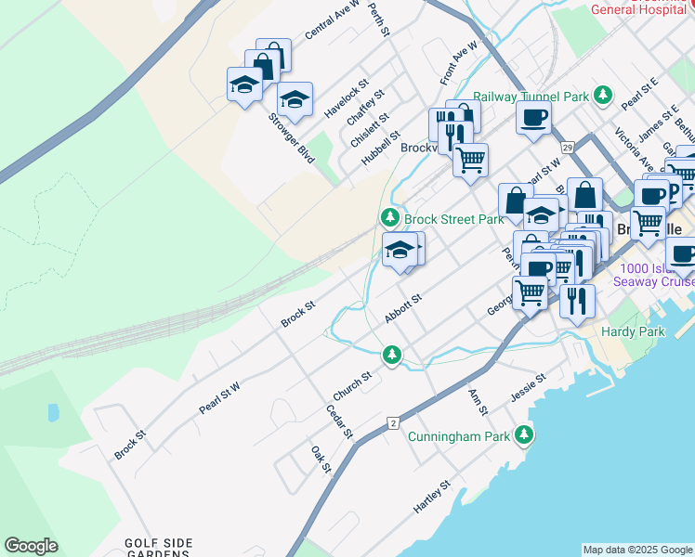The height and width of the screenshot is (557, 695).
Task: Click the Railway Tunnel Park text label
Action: pos(531,96)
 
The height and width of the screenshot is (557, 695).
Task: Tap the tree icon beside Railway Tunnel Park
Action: pos(603,95)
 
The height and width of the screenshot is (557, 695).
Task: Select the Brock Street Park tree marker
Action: pos(389,218)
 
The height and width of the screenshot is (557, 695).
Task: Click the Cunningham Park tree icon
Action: pos(526,434)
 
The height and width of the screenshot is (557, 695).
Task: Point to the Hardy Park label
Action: pos(630,330)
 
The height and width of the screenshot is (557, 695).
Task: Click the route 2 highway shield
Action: pos(393,423)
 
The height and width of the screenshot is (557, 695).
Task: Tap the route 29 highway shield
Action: pos(565,147)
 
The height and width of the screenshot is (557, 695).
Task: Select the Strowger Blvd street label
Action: pos(292,137)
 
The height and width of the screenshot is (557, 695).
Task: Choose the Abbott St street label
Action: pos(403,309)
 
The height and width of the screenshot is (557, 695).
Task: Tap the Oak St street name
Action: pos(321,459)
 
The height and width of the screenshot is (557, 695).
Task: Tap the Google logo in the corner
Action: pos(31,546)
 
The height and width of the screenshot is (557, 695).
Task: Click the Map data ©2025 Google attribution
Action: pos(637,550)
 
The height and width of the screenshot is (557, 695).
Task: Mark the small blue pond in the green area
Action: pos(53,412)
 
